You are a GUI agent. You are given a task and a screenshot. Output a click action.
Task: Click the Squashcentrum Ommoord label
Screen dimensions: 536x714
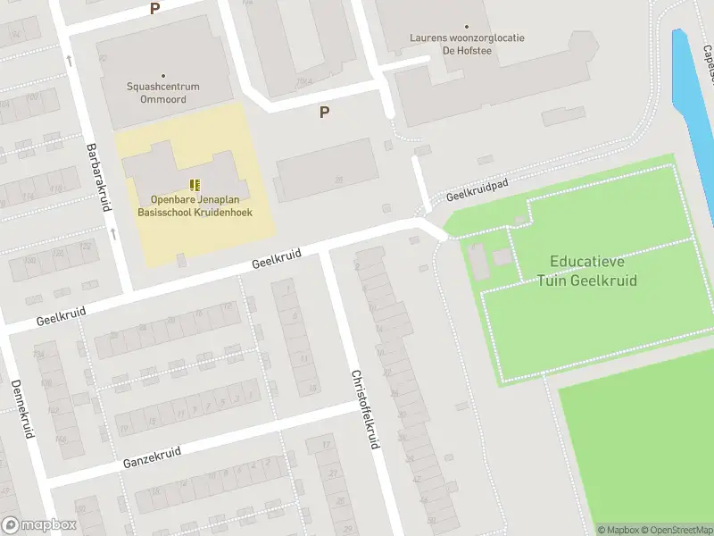162,92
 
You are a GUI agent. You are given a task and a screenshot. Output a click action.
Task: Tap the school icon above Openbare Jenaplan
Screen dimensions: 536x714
195,185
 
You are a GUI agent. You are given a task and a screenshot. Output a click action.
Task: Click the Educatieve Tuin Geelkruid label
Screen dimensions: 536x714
586,271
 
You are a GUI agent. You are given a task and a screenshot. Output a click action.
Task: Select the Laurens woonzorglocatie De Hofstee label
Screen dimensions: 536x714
467,45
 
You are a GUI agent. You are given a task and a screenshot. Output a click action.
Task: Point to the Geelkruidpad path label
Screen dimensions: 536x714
477,188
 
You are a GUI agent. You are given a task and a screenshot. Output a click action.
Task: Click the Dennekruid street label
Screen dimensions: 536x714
22,408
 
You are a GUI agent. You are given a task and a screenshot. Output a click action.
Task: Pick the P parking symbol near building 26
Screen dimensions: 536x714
324,113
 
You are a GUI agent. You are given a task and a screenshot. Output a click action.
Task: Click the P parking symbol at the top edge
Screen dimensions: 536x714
154,8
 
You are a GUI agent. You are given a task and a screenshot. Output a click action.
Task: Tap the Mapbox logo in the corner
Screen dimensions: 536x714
39,525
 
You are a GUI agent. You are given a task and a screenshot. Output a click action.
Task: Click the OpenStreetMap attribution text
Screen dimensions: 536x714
676,530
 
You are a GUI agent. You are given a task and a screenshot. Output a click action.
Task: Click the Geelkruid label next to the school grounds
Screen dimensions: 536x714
276,260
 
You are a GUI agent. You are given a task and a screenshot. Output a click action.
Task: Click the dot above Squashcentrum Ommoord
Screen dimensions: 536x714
162,76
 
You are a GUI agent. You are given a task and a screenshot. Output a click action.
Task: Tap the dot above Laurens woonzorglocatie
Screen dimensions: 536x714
467,28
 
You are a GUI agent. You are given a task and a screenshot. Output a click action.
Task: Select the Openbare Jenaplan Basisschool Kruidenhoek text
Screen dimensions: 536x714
195,205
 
